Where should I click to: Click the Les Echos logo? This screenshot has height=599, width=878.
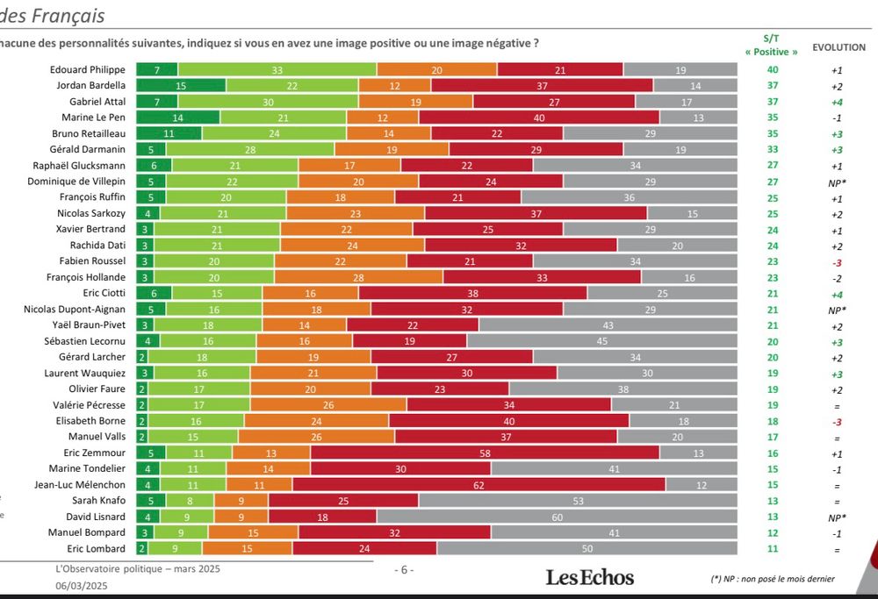(589, 576)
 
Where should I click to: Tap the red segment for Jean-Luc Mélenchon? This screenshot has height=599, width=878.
(479, 484)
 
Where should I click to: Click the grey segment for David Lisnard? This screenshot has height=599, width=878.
(557, 517)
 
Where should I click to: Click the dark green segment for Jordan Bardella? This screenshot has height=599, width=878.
(180, 86)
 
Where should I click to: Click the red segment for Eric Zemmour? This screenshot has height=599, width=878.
(485, 453)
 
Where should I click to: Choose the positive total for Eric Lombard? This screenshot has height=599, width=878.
(771, 548)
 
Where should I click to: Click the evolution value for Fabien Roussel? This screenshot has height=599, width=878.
(837, 261)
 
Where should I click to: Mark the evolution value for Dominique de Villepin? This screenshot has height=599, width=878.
(837, 182)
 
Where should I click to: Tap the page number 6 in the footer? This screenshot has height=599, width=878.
(403, 569)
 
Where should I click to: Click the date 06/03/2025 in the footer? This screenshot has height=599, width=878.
(81, 585)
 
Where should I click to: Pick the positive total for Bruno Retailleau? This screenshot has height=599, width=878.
(771, 133)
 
